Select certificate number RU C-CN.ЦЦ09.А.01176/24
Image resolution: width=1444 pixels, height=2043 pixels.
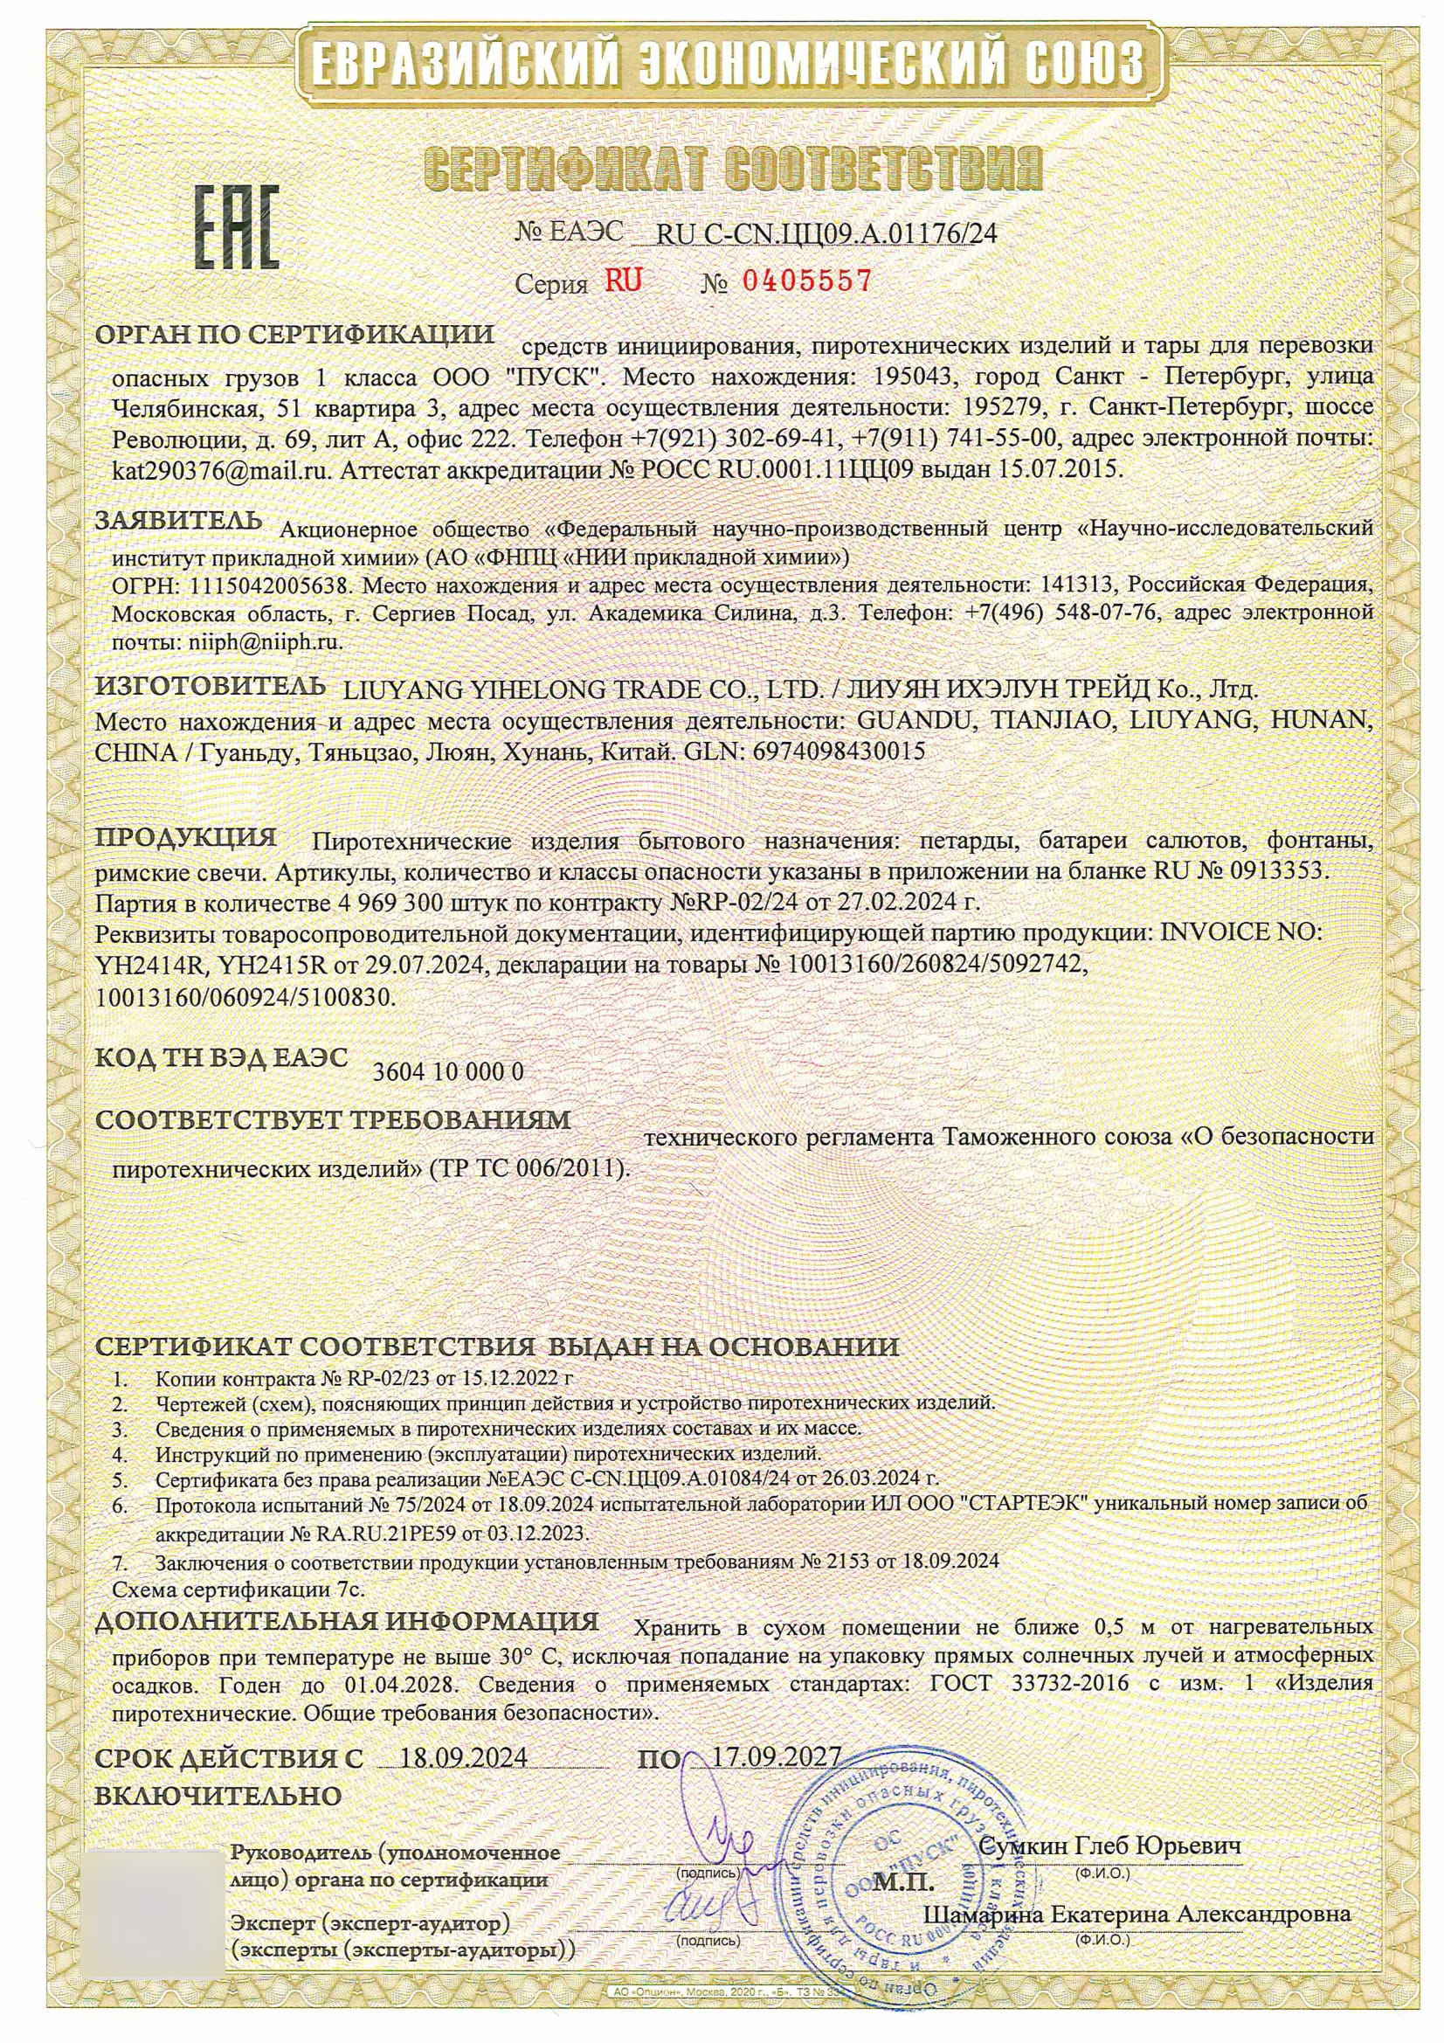click(826, 234)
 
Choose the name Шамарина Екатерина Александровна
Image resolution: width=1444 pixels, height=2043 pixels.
click(1138, 1914)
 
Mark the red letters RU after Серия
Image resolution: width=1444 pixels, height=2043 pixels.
click(623, 281)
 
